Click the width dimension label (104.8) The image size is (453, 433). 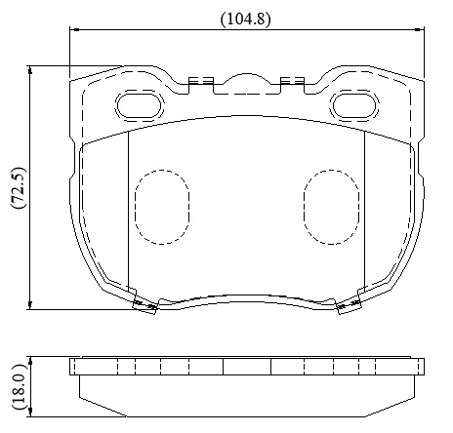click(246, 20)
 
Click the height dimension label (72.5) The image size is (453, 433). click(18, 188)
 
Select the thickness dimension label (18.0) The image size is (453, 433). click(19, 387)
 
